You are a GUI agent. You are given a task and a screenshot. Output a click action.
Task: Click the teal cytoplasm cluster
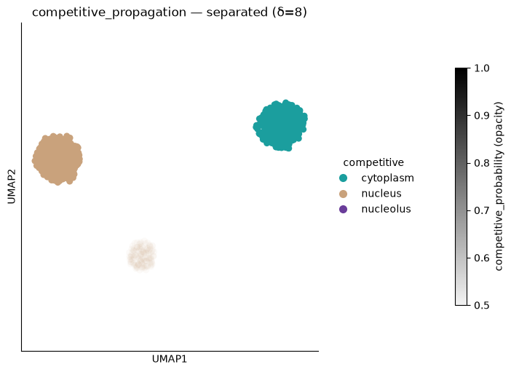tap(280, 125)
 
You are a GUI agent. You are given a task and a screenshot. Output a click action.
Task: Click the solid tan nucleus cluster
tap(58, 159)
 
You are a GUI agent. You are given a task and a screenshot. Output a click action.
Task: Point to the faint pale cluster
tap(142, 255)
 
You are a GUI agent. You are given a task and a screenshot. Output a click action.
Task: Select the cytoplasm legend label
tap(387, 178)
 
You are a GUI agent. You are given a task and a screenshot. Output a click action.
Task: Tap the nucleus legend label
tap(381, 194)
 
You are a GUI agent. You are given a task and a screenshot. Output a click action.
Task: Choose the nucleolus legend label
tap(387, 209)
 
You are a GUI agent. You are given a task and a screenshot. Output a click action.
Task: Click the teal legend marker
tap(343, 178)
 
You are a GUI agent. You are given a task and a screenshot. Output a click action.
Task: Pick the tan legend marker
tap(343, 194)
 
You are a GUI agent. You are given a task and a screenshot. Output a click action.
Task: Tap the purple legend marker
tap(343, 209)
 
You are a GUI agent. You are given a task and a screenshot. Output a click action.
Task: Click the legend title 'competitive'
tap(373, 162)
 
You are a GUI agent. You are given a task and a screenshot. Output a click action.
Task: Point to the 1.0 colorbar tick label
tap(482, 68)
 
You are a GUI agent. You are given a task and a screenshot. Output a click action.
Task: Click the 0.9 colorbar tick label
tap(482, 116)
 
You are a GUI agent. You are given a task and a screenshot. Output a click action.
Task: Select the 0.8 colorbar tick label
tap(482, 163)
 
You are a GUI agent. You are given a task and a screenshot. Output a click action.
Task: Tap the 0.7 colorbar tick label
tap(482, 210)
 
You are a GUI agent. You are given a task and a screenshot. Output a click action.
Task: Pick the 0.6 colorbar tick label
tap(482, 258)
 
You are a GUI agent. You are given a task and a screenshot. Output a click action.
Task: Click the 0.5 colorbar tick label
tap(482, 306)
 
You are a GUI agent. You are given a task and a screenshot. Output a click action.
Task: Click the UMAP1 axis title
tap(170, 359)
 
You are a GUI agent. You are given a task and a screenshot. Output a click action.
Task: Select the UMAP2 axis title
tap(12, 187)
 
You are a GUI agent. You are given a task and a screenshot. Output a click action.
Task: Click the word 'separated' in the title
tap(237, 12)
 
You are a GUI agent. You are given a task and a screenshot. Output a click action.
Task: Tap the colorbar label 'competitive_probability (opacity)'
tap(499, 186)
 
